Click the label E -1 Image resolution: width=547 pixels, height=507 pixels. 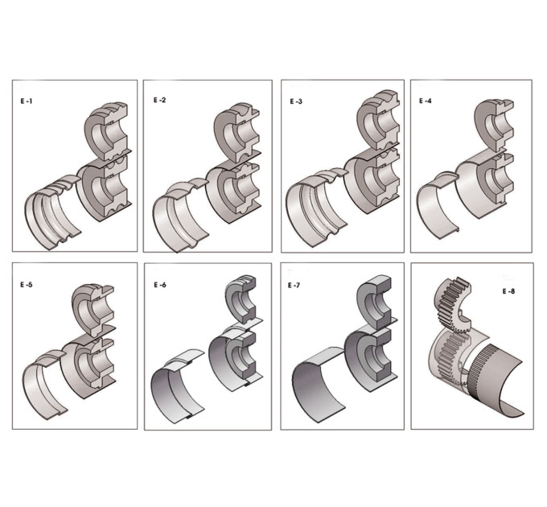pos(27,101)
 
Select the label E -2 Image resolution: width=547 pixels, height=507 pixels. pos(160,100)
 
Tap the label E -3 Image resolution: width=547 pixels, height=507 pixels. pos(296,101)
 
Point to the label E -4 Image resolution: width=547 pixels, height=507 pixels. pos(426,101)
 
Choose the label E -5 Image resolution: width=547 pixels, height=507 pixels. pos(27,284)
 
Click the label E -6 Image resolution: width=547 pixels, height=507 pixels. pos(160,285)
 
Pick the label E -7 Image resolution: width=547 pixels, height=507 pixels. pos(294,285)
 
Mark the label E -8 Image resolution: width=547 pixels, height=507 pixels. pos(508,291)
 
